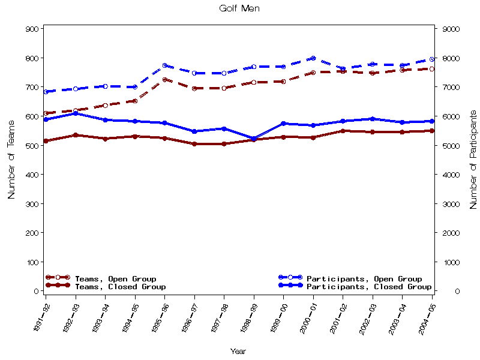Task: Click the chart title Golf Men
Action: pyautogui.click(x=239, y=8)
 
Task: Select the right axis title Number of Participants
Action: pyautogui.click(x=473, y=159)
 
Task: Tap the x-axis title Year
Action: pyautogui.click(x=238, y=352)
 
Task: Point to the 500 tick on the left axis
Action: pyautogui.click(x=32, y=146)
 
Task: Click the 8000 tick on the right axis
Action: pyautogui.click(x=451, y=58)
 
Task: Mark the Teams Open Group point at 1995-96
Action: pyautogui.click(x=165, y=80)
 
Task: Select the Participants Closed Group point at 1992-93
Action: pyautogui.click(x=76, y=113)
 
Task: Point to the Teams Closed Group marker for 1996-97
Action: pyautogui.click(x=194, y=144)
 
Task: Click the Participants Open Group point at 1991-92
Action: pyautogui.click(x=46, y=92)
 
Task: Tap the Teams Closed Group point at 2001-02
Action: pyautogui.click(x=343, y=131)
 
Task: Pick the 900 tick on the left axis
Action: pyautogui.click(x=32, y=29)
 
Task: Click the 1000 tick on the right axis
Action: pyautogui.click(x=451, y=262)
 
